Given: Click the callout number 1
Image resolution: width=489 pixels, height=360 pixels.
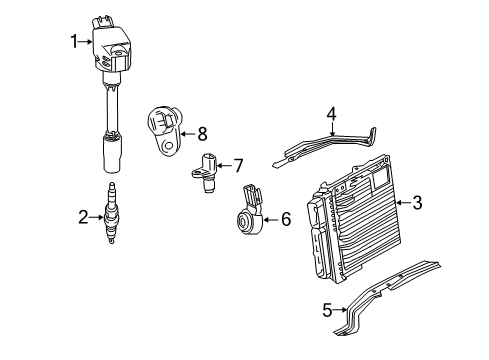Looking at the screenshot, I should [x=73, y=41].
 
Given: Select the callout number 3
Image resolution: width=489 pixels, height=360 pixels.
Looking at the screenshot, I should [x=417, y=203].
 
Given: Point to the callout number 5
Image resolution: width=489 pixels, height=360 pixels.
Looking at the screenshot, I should [x=326, y=311].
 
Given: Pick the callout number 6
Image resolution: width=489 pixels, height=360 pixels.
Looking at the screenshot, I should [x=285, y=218].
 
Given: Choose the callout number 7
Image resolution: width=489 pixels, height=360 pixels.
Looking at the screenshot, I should [x=239, y=164].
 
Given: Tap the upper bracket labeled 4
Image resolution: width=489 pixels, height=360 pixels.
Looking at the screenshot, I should [x=330, y=146].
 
